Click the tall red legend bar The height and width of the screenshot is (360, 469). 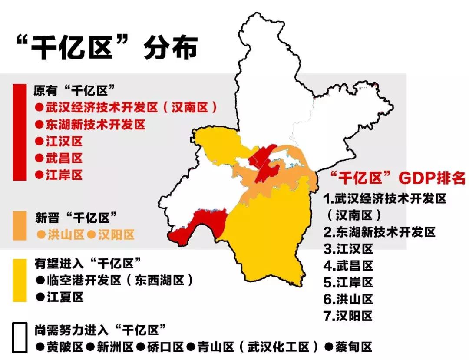pyautogui.click(x=20, y=132)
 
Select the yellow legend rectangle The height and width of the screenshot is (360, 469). pyautogui.click(x=20, y=281)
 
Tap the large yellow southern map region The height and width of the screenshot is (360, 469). pyautogui.click(x=269, y=234)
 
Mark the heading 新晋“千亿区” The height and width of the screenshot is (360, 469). pyautogui.click(x=76, y=217)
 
